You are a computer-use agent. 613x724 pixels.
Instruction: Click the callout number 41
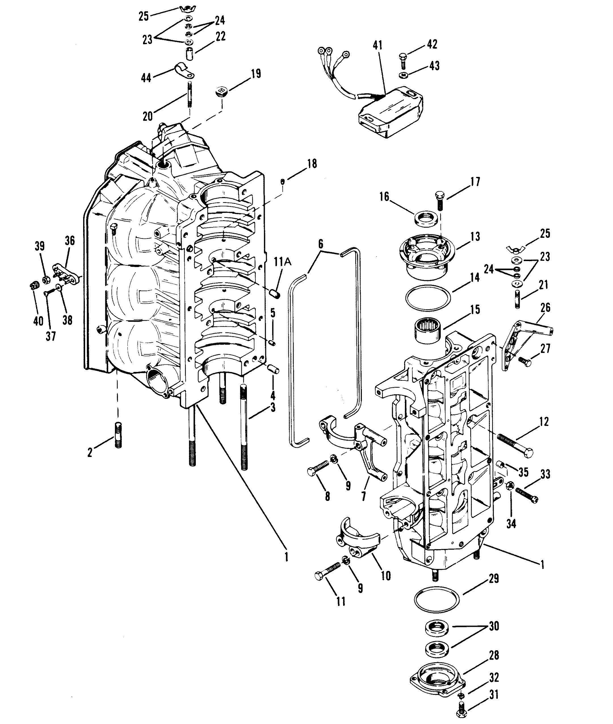click(x=378, y=45)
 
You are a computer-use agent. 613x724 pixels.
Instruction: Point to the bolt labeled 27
click(x=525, y=361)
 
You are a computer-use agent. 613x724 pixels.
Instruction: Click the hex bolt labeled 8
click(x=318, y=468)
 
